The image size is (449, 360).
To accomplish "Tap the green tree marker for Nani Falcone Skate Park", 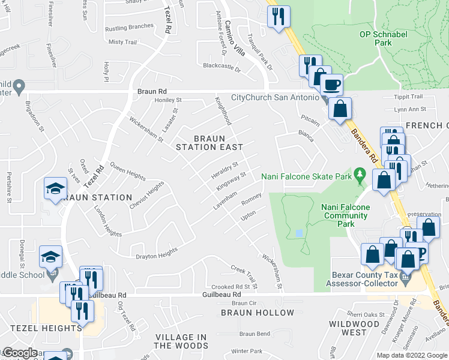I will point(360,176).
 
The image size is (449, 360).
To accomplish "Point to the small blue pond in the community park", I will point(299,233).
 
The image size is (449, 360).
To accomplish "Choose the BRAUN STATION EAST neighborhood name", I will point(209,142).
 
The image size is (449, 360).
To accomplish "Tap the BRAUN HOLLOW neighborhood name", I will point(258,313).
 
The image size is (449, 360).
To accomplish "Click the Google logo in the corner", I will point(20,353).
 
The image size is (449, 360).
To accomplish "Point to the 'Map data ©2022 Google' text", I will point(411,355).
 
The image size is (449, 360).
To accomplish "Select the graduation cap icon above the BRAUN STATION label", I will point(55,189).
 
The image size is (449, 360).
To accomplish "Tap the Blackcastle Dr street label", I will point(221,67).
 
